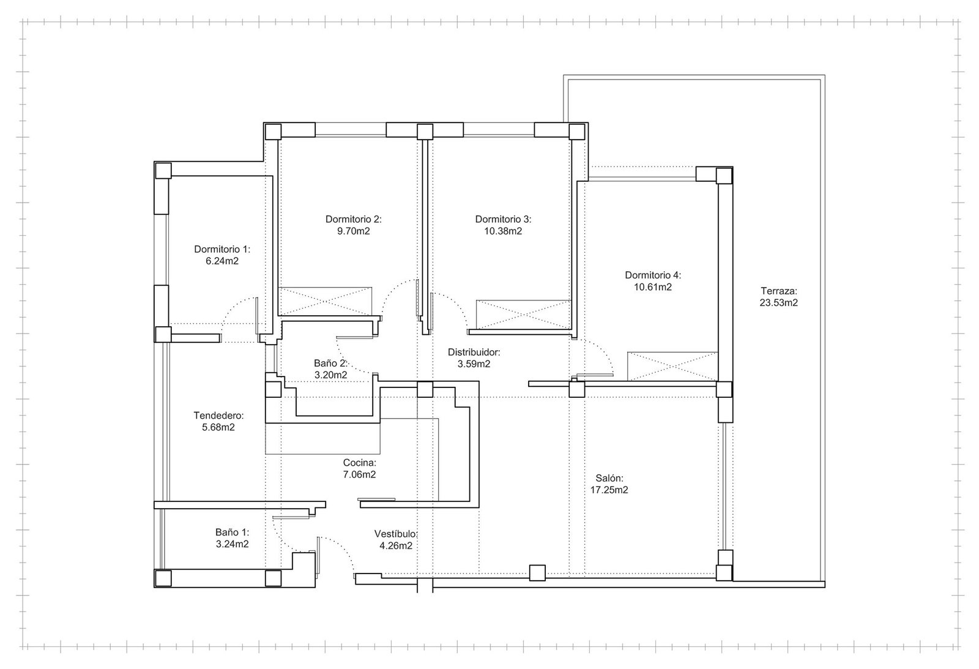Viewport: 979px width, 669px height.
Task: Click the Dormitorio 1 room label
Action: (222, 249)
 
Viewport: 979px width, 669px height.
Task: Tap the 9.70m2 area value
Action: (353, 231)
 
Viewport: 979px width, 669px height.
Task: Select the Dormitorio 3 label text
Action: (503, 219)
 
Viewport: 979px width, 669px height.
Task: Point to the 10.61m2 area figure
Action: (653, 287)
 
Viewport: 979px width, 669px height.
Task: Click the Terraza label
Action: (779, 291)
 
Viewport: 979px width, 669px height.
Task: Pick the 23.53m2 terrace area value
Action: (779, 302)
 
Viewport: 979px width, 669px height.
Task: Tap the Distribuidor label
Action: (474, 352)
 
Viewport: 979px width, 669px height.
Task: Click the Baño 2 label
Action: (330, 363)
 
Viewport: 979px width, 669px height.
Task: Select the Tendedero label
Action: (218, 416)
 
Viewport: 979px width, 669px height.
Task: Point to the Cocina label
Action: (359, 463)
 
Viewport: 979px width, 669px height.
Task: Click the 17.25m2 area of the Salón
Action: (609, 490)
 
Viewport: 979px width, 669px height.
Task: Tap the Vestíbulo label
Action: (396, 534)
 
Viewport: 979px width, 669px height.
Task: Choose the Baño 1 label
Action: (232, 532)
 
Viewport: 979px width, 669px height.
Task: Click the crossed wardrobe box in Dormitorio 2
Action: (326, 301)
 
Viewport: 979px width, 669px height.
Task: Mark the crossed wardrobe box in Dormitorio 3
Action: (523, 315)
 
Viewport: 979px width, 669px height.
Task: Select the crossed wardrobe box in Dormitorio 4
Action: (672, 367)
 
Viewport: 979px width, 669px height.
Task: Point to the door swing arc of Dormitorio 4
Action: (605, 352)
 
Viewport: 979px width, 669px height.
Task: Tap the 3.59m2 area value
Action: (474, 364)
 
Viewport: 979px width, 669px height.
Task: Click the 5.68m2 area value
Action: (218, 427)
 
